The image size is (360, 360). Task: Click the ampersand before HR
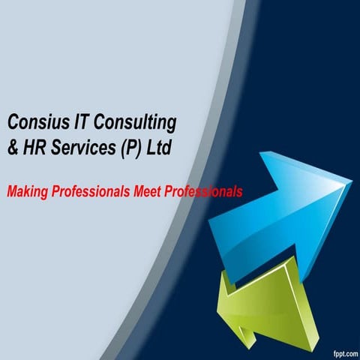coord(12,148)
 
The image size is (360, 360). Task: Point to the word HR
coord(33,148)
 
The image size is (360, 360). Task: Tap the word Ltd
coord(160,148)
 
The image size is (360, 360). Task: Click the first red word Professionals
coord(90,192)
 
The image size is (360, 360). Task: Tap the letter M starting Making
coord(11,193)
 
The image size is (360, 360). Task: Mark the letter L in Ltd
coord(151,148)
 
